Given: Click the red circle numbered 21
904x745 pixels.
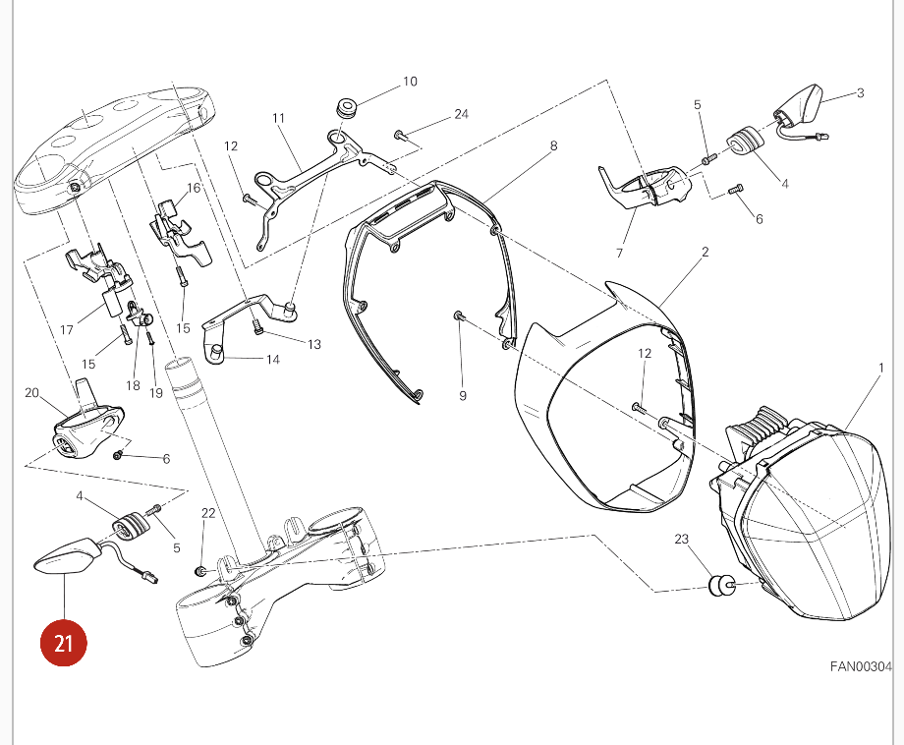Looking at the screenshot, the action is click(64, 643).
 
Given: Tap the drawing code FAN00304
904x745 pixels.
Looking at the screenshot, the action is click(861, 666).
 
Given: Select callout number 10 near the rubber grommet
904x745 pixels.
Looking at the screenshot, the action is click(410, 82).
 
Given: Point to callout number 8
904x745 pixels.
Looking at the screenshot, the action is click(553, 145).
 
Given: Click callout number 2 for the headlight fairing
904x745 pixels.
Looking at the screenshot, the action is click(706, 252).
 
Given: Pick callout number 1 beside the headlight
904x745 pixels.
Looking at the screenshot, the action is click(881, 368).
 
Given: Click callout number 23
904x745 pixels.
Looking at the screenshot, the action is click(682, 539).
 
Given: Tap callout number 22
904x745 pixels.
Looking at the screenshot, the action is click(208, 513).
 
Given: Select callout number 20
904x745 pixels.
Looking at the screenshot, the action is click(31, 393).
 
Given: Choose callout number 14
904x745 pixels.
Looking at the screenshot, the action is click(273, 360).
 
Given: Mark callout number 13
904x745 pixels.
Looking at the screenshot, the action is click(314, 344).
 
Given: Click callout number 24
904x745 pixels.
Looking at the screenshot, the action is click(461, 114).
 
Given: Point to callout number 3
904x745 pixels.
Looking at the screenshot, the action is click(860, 92).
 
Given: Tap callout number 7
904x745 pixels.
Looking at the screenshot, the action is click(619, 254).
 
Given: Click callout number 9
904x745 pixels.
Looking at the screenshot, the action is click(463, 395).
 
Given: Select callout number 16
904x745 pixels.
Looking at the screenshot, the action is click(194, 188).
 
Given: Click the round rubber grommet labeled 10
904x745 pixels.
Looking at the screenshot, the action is click(346, 109).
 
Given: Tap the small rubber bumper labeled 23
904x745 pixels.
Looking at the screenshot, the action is click(718, 586).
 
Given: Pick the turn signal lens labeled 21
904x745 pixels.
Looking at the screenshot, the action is click(66, 556).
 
